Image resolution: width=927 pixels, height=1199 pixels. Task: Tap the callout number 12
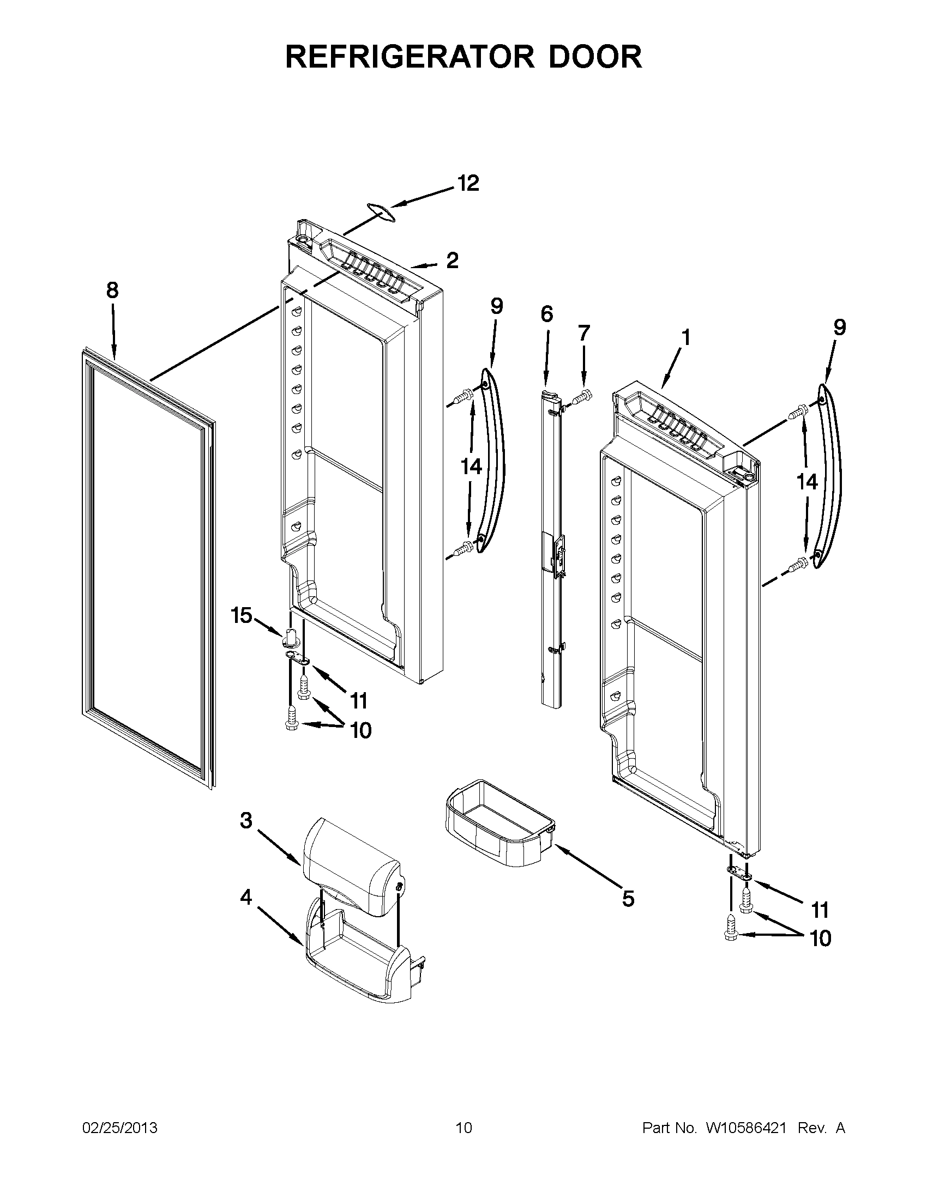(x=468, y=183)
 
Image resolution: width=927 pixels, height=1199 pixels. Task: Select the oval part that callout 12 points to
(x=381, y=211)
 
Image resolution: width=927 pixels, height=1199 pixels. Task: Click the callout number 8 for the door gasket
(x=112, y=290)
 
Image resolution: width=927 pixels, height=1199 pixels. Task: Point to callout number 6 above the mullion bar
(x=546, y=314)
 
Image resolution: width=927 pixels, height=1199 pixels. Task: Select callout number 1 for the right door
(x=686, y=338)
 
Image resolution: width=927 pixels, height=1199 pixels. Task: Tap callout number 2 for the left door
(x=452, y=260)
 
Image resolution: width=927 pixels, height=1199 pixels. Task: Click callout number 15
(x=241, y=615)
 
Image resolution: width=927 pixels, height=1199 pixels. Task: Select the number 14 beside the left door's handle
(x=471, y=467)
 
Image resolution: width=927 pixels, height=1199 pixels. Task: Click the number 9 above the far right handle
(x=839, y=327)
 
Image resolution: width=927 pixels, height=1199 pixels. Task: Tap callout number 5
(x=628, y=899)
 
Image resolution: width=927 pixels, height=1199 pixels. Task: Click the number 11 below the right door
(x=820, y=910)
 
